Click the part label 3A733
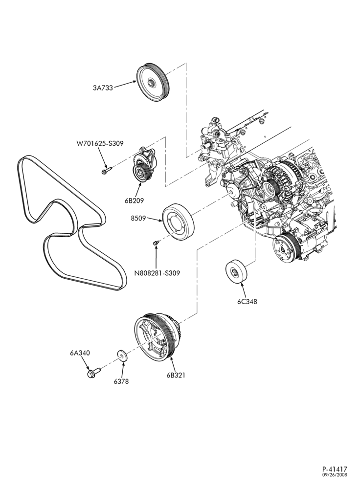pos(103,88)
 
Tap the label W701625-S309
pos(100,144)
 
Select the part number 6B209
pos(134,200)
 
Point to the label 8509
pos(138,218)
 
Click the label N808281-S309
pos(157,273)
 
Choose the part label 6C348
pos(247,302)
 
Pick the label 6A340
pos(80,353)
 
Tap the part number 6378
pos(121,381)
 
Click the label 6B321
pos(176,375)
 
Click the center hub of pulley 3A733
pos(151,83)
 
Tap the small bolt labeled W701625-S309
pos(106,170)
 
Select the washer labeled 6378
pos(123,356)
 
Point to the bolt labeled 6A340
pos(93,372)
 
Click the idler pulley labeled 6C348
pos(236,271)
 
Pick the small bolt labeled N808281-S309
pos(157,242)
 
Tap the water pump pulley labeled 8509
pos(179,222)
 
